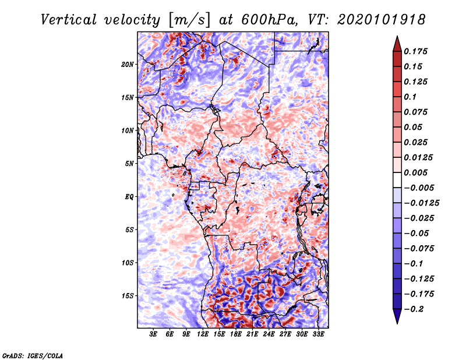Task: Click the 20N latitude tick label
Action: pyautogui.click(x=127, y=65)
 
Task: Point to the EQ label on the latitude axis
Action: pyautogui.click(x=129, y=197)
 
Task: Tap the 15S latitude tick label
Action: pyautogui.click(x=127, y=296)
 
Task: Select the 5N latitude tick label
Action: pyautogui.click(x=129, y=164)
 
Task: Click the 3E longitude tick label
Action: pyautogui.click(x=153, y=334)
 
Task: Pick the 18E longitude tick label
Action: pyautogui.click(x=236, y=334)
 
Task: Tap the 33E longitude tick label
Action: pyautogui.click(x=318, y=334)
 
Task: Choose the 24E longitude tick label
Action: pyautogui.click(x=269, y=334)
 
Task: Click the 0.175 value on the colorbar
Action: pyautogui.click(x=415, y=51)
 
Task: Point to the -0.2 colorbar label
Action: pyautogui.click(x=414, y=309)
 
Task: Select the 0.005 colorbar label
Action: pyautogui.click(x=415, y=172)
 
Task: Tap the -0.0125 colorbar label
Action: pyautogui.click(x=421, y=203)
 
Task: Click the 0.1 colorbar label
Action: pyautogui.click(x=410, y=97)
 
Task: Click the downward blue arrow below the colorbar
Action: pyautogui.click(x=397, y=316)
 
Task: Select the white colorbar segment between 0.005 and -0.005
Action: pyautogui.click(x=397, y=180)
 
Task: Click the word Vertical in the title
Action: pyautogui.click(x=69, y=20)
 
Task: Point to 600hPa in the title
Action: pyautogui.click(x=269, y=20)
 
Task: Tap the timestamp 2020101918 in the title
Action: pyautogui.click(x=382, y=20)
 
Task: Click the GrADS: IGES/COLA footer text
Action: pyautogui.click(x=33, y=355)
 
